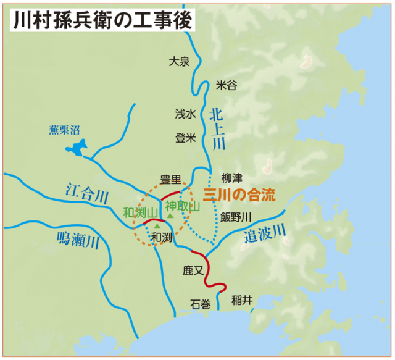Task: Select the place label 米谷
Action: coord(227,86)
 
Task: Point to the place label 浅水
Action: coord(185,113)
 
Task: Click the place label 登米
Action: coord(185,138)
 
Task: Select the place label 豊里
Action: coord(170,180)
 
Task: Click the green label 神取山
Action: coord(183,206)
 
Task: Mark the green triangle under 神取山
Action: coord(169,216)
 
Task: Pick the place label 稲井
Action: coord(242,301)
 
